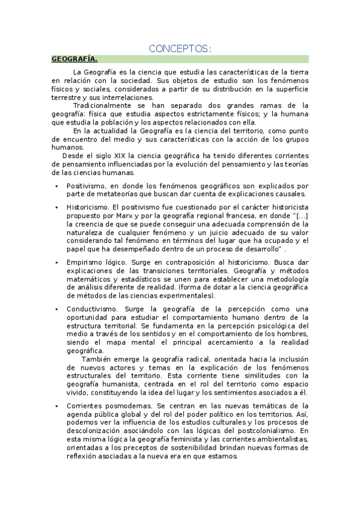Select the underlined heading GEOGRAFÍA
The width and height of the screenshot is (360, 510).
[74, 59]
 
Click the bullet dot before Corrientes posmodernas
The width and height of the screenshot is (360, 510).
[56, 407]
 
